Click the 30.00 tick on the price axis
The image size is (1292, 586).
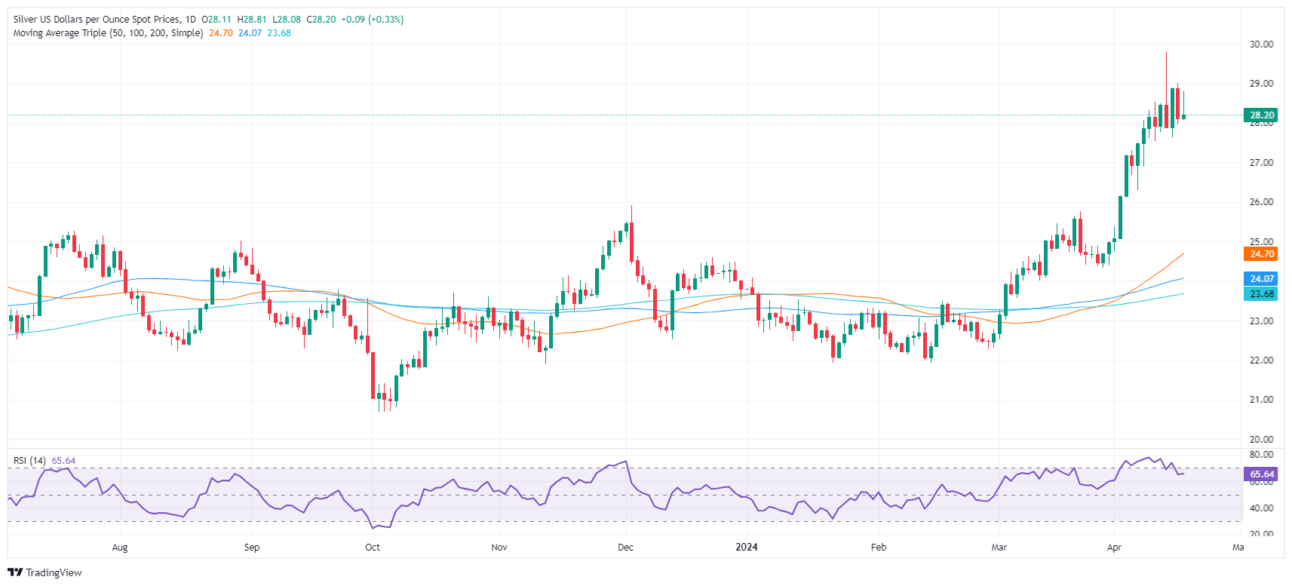(1261, 44)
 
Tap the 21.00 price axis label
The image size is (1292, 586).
(1261, 400)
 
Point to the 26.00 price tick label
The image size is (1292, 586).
(1261, 202)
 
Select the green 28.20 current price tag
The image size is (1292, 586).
(1261, 115)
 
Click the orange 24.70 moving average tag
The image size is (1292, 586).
(1261, 254)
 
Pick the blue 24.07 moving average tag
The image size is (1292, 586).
(1261, 279)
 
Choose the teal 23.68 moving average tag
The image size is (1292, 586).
(1261, 294)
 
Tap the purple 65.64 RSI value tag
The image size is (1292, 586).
(1261, 474)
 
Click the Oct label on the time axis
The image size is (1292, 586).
(373, 548)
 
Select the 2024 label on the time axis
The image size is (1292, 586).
(747, 548)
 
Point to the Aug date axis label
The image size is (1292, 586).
(120, 548)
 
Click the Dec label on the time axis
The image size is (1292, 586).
(625, 548)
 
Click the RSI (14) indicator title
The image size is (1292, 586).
(29, 461)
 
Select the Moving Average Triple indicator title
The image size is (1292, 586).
(108, 33)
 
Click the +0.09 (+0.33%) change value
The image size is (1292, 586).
(372, 20)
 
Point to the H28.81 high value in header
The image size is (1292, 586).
(253, 20)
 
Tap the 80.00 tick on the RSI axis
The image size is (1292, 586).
(1261, 455)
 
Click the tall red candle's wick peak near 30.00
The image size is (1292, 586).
(1166, 52)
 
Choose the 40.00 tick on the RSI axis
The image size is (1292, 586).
(1261, 508)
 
